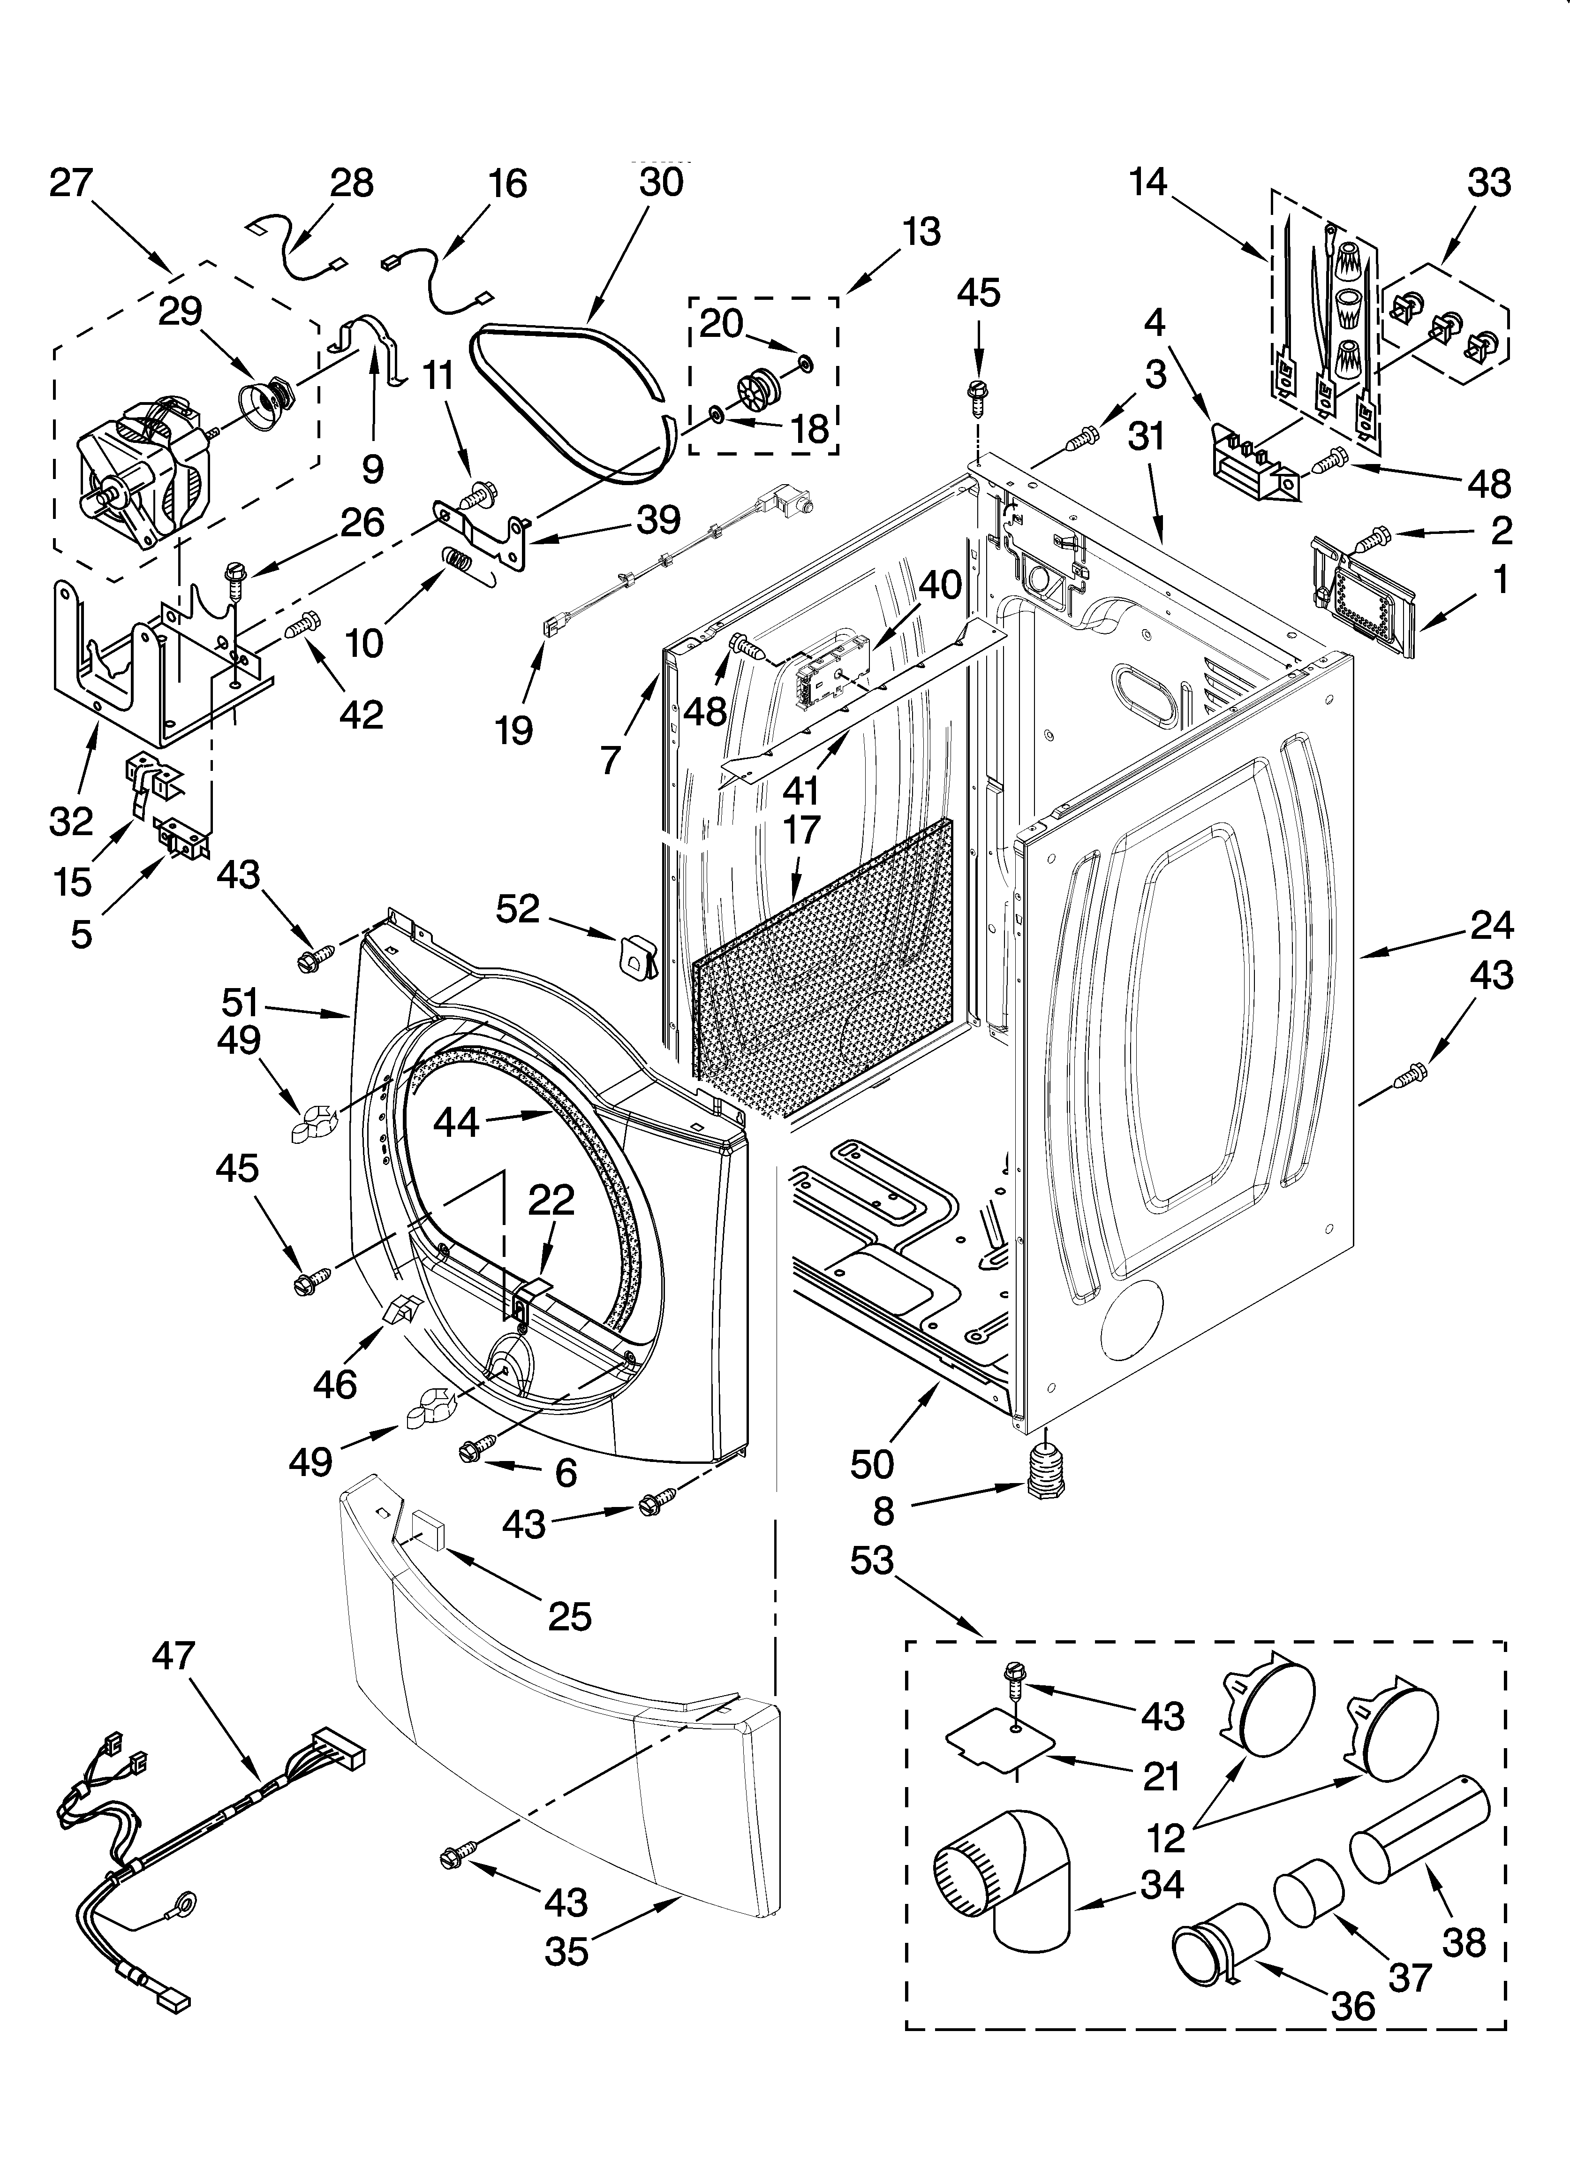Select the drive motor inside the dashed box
pos(143,473)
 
